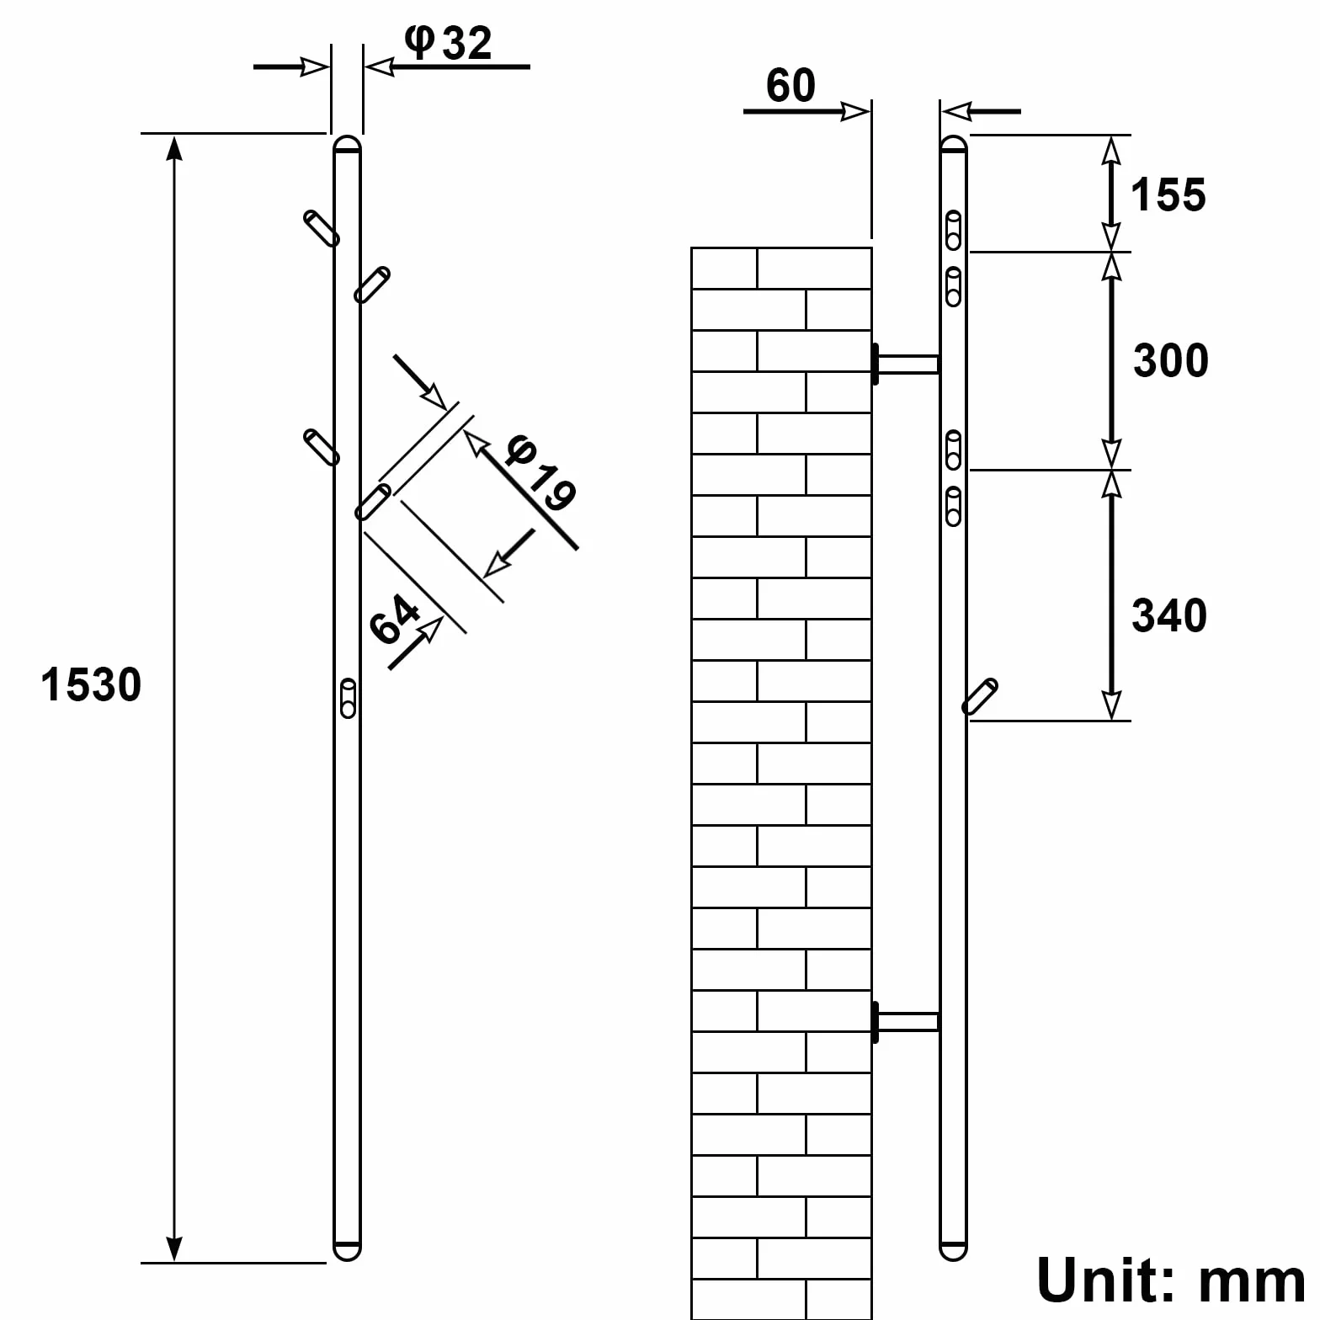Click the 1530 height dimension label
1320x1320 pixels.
click(91, 684)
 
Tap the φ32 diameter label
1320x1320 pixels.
click(448, 42)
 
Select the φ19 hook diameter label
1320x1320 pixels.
click(540, 473)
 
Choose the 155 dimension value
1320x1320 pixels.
click(1168, 195)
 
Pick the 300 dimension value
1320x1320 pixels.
click(1171, 360)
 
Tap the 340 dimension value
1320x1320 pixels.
click(1169, 615)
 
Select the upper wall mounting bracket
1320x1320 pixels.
click(906, 365)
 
